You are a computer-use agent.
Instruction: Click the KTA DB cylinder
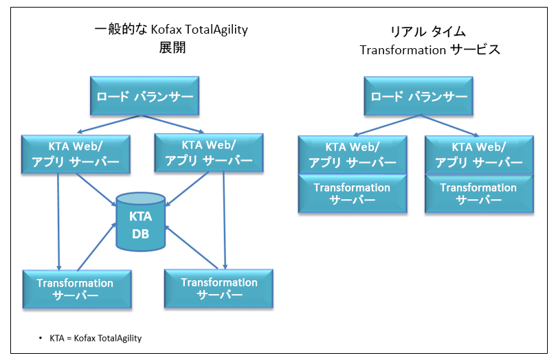click(x=141, y=221)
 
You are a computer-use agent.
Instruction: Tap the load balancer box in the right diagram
click(x=420, y=96)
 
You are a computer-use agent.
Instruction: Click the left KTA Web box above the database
click(x=76, y=153)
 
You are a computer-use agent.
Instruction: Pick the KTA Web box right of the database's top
click(x=209, y=152)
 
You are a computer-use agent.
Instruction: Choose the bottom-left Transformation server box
click(x=76, y=289)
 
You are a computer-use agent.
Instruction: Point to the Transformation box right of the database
click(x=219, y=288)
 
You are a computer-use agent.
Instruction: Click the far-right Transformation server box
click(x=478, y=193)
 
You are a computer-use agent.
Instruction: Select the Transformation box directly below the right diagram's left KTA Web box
click(x=352, y=193)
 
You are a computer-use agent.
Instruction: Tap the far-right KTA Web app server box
click(x=478, y=154)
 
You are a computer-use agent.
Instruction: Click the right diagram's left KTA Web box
click(x=352, y=154)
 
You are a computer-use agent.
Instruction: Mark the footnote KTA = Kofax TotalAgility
click(x=96, y=339)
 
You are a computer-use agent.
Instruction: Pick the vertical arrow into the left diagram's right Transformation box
click(x=224, y=220)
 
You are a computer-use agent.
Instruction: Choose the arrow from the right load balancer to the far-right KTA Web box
click(x=450, y=126)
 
